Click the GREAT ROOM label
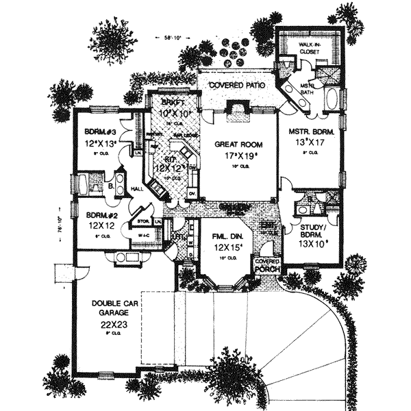[x=235, y=145]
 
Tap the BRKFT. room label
[x=171, y=100]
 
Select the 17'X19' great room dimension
[x=236, y=157]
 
